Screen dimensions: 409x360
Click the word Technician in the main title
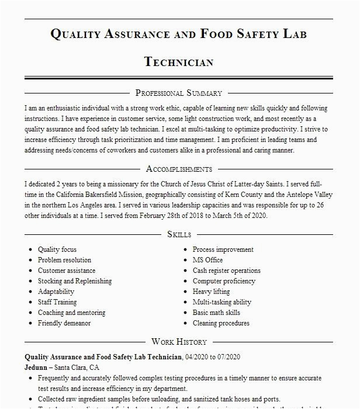click(x=179, y=62)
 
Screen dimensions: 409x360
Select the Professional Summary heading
click(x=179, y=93)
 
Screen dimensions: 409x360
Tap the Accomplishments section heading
click(x=179, y=169)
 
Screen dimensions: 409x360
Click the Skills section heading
click(x=179, y=234)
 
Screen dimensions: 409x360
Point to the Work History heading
click(x=179, y=342)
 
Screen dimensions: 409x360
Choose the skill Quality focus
click(x=57, y=249)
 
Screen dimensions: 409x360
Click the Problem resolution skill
click(x=64, y=260)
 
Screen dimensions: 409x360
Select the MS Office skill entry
click(x=207, y=260)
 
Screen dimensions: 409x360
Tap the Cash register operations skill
click(x=226, y=271)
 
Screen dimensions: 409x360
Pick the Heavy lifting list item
click(x=211, y=292)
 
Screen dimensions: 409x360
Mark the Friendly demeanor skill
click(x=64, y=323)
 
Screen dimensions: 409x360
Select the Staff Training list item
click(x=57, y=302)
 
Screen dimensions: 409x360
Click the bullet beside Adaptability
click(x=30, y=292)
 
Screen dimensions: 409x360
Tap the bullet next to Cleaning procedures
click(x=185, y=323)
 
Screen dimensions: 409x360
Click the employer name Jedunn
click(x=37, y=368)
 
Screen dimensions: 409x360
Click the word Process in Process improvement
click(x=206, y=249)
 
